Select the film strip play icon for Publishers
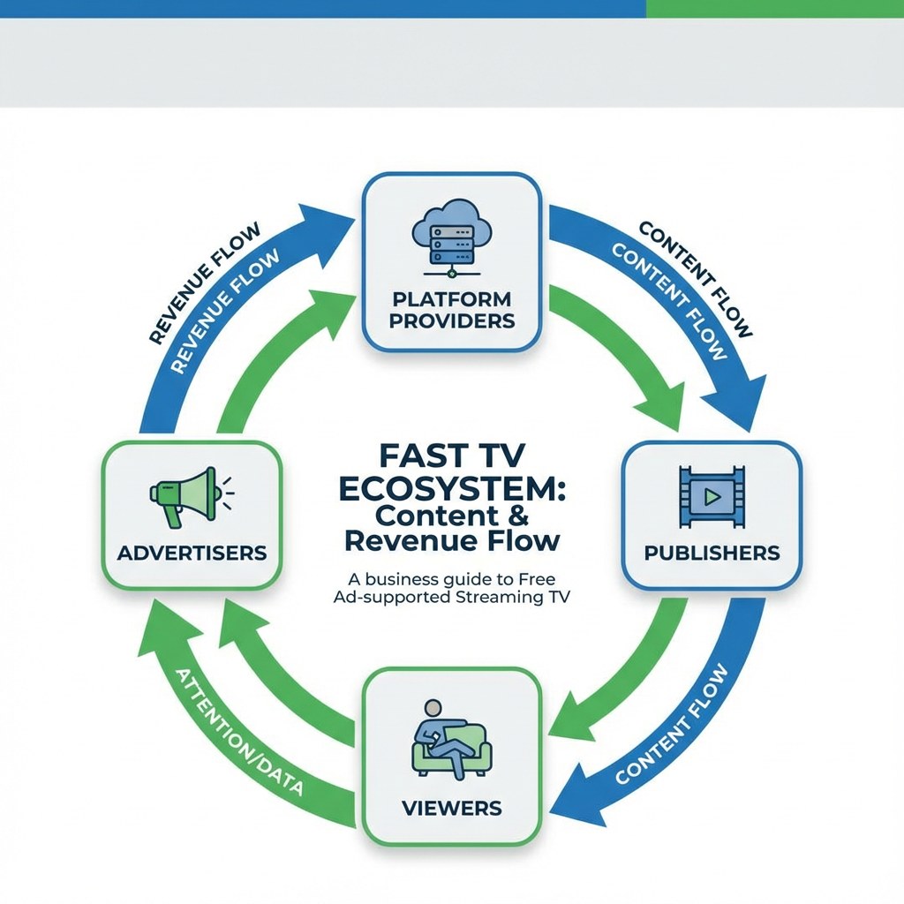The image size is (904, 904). [x=712, y=498]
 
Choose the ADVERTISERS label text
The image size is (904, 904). [x=192, y=554]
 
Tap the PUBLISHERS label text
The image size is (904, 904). [x=712, y=554]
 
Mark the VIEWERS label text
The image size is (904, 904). [x=451, y=808]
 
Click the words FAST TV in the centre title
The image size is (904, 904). [x=451, y=456]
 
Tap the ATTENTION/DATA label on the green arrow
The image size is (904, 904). [x=238, y=733]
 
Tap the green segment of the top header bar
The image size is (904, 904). [x=774, y=9]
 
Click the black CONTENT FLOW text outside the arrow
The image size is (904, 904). [x=697, y=278]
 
